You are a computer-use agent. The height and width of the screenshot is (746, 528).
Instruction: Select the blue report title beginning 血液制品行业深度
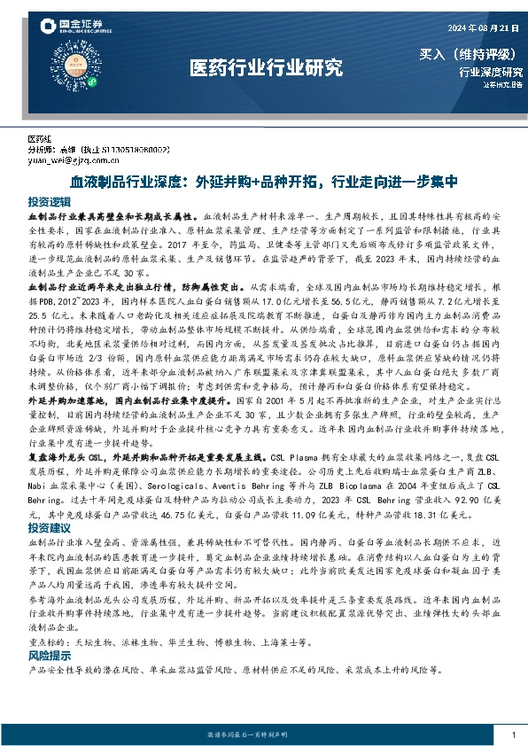pos(263,182)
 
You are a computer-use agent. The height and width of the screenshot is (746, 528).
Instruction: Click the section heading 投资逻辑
pos(49,201)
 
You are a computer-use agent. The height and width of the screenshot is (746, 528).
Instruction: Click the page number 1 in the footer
pos(513,735)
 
